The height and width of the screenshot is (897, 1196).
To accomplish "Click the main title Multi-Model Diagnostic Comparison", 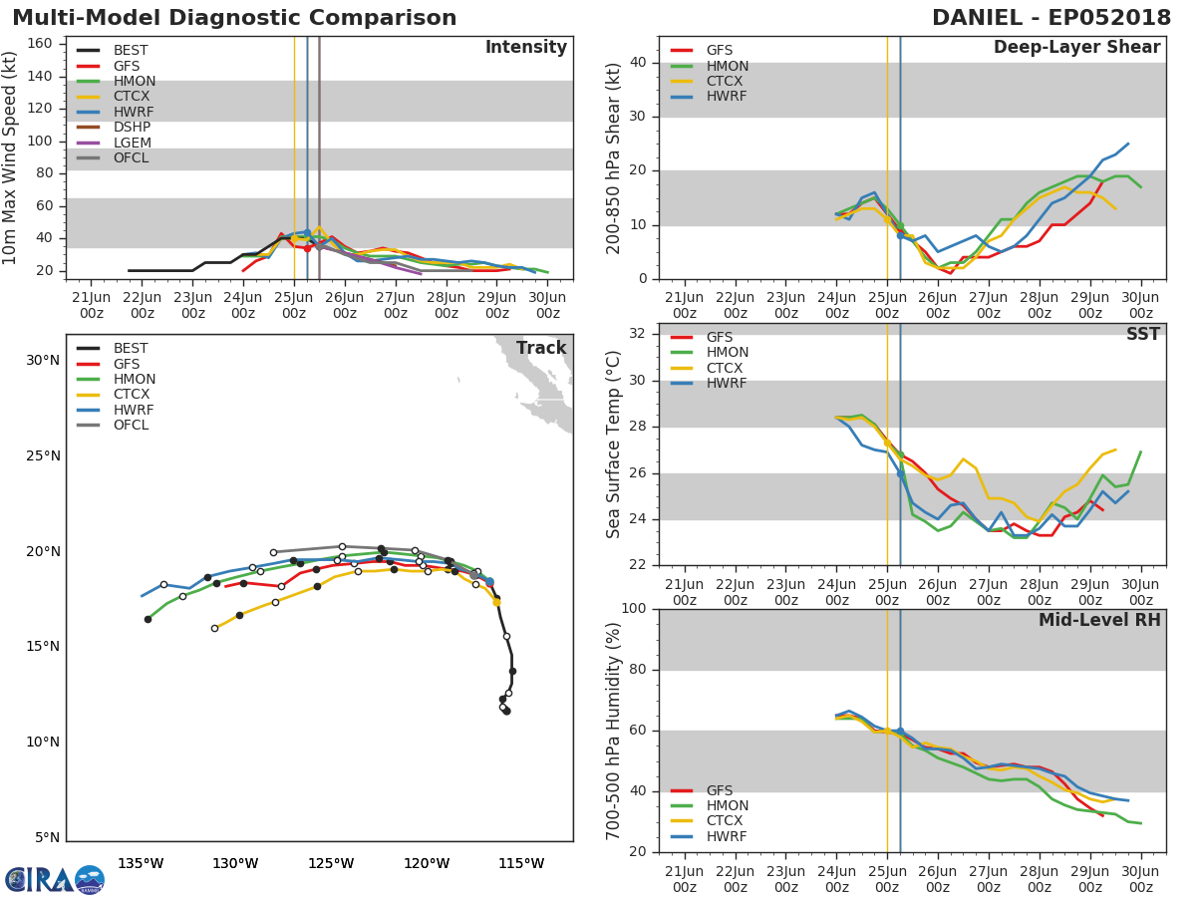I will (x=234, y=18).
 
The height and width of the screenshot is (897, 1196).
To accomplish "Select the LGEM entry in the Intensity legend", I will (x=132, y=143).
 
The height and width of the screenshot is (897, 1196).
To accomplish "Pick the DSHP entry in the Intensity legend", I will (x=132, y=128).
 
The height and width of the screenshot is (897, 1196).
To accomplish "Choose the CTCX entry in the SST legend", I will (x=727, y=369).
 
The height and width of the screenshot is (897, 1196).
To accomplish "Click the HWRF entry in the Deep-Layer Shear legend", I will (x=727, y=97).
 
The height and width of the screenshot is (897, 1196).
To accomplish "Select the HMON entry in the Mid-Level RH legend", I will (x=727, y=806).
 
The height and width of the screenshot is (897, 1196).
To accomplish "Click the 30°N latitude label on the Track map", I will (x=42, y=361).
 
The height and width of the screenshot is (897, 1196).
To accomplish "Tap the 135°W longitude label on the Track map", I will (x=141, y=863).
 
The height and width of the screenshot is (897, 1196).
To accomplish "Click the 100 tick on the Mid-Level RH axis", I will (x=635, y=609).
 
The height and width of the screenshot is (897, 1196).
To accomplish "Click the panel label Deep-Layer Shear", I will (x=1076, y=48).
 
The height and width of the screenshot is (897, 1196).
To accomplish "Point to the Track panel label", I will (x=540, y=348).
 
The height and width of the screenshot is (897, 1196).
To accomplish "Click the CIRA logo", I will (x=54, y=879).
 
